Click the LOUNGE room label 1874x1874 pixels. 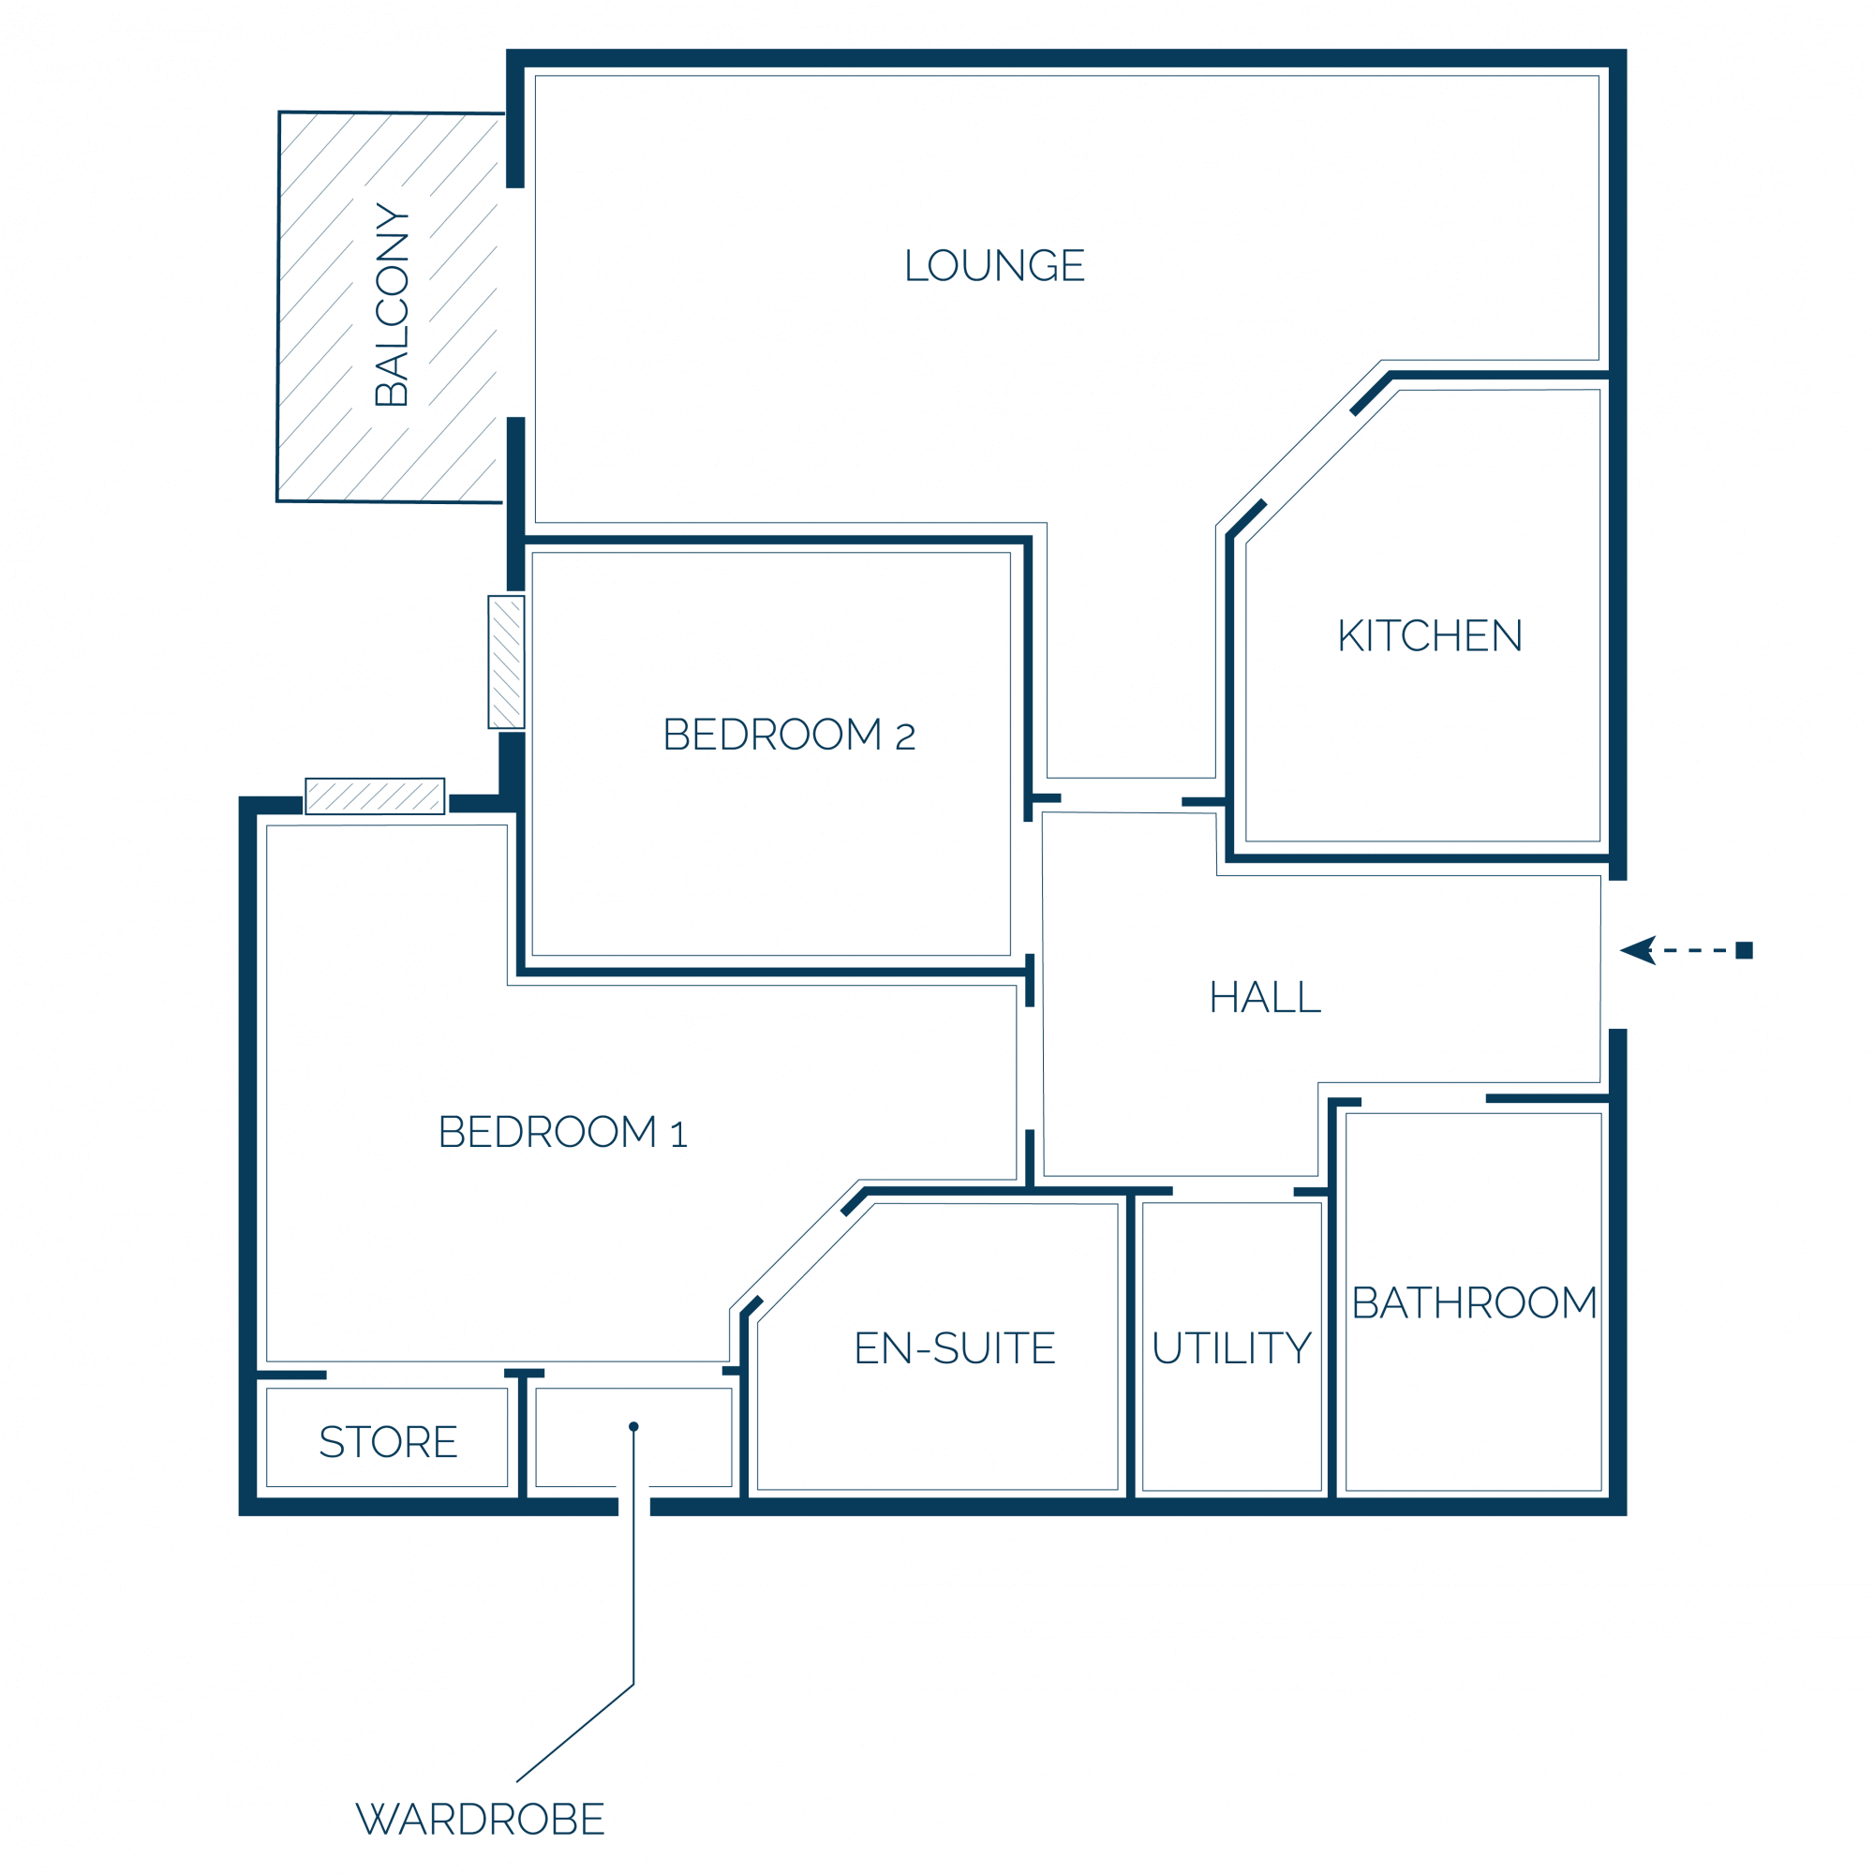[994, 265]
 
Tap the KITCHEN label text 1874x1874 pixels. [1430, 636]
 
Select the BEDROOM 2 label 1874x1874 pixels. [789, 735]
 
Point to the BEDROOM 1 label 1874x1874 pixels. [562, 1132]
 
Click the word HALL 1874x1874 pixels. [1265, 997]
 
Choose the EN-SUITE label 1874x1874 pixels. [955, 1348]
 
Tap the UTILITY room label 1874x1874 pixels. [1232, 1348]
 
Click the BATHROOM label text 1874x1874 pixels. [1474, 1302]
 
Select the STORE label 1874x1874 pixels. [388, 1442]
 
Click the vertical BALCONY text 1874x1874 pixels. [392, 305]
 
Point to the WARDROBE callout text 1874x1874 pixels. [480, 1819]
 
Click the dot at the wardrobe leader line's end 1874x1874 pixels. [633, 1427]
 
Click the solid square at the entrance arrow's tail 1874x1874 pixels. [1744, 950]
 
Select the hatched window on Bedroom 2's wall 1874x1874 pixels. [506, 662]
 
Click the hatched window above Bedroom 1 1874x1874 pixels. [376, 796]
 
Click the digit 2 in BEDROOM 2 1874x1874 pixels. [905, 737]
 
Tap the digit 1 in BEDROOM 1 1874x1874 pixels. [679, 1134]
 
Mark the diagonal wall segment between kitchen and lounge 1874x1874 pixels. [1371, 393]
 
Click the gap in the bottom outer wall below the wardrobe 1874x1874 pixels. [634, 1507]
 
